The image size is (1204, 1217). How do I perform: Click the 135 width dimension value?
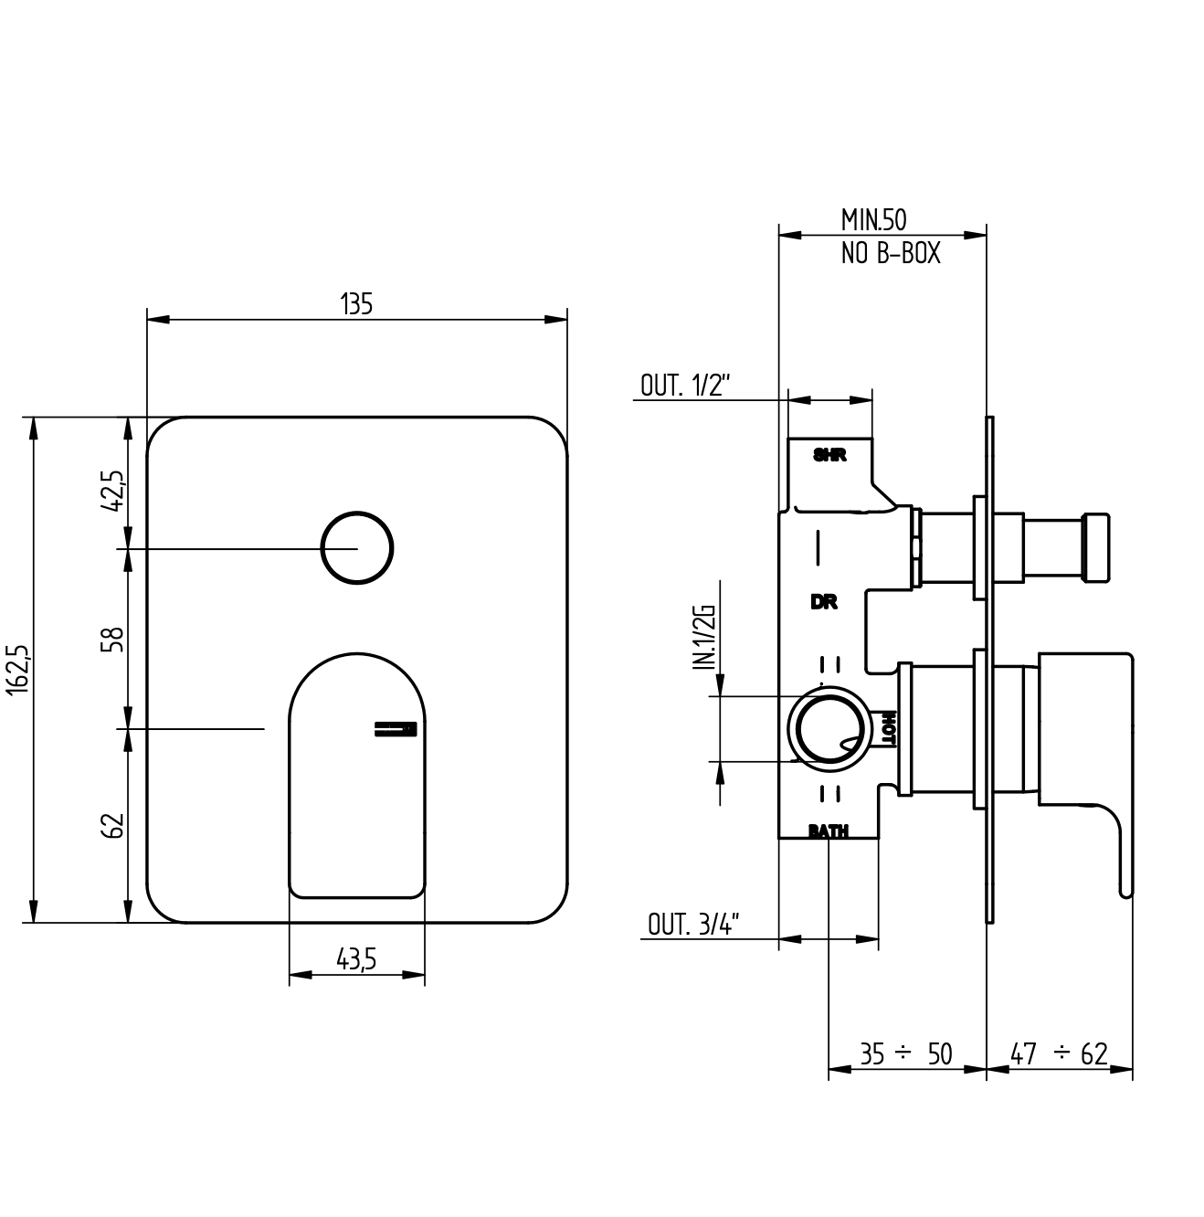coord(356,304)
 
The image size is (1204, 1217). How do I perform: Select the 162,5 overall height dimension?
coord(17,670)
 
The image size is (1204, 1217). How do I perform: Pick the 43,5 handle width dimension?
coord(356,958)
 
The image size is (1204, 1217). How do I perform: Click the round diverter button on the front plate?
coord(357,547)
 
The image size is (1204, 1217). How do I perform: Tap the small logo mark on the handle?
coord(396,728)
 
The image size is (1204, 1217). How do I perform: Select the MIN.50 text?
coord(873,220)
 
